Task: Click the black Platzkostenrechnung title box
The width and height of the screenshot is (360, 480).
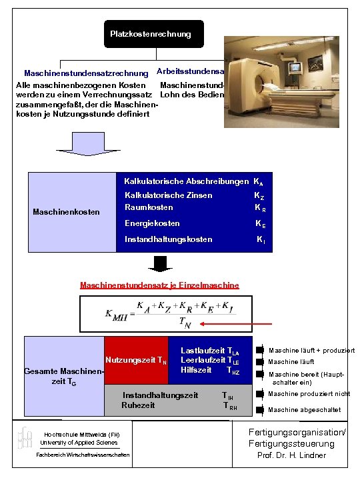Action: [x=150, y=34]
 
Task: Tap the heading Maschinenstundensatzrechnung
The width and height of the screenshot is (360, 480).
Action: [x=86, y=73]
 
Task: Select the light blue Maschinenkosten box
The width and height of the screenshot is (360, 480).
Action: [x=67, y=212]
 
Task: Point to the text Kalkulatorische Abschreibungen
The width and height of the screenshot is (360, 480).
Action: [x=186, y=181]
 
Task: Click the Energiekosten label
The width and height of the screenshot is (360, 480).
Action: [x=152, y=223]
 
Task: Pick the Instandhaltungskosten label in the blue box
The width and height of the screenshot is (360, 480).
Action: [x=169, y=239]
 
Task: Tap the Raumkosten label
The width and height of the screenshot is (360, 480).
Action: [x=149, y=207]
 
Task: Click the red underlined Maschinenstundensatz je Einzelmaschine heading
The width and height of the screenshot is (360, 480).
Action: [x=159, y=285]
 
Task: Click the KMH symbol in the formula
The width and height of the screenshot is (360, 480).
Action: [x=116, y=315]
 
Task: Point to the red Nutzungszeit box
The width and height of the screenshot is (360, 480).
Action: [x=135, y=361]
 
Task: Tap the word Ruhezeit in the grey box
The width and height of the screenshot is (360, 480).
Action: [x=138, y=405]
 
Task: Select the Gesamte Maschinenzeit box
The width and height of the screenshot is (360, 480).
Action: [x=63, y=375]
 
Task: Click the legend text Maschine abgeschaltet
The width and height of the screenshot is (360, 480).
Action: [x=304, y=410]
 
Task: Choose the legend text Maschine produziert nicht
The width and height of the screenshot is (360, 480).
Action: [x=309, y=394]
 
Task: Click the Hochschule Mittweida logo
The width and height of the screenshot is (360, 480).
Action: [x=25, y=438]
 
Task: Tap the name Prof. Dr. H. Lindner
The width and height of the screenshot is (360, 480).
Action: [x=292, y=455]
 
